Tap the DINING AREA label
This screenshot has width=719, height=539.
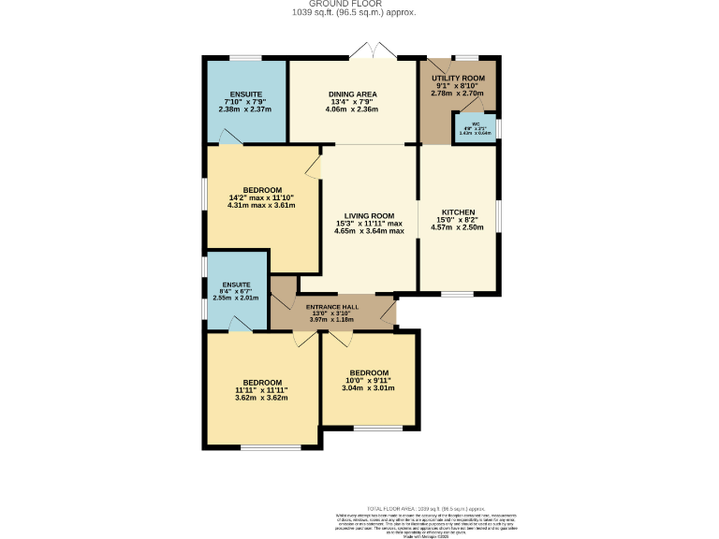pos(352,95)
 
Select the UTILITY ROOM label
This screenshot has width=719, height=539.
pos(458,78)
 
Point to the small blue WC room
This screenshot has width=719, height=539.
pos(476,129)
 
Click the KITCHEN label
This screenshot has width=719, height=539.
pos(458,212)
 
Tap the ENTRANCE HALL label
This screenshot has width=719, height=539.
pos(332,308)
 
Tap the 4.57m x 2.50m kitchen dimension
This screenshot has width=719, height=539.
pos(458,227)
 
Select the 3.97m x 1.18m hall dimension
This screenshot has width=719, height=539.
pos(332,319)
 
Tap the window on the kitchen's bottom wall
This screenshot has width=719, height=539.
pos(458,294)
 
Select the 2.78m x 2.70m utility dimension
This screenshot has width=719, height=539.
pos(458,94)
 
